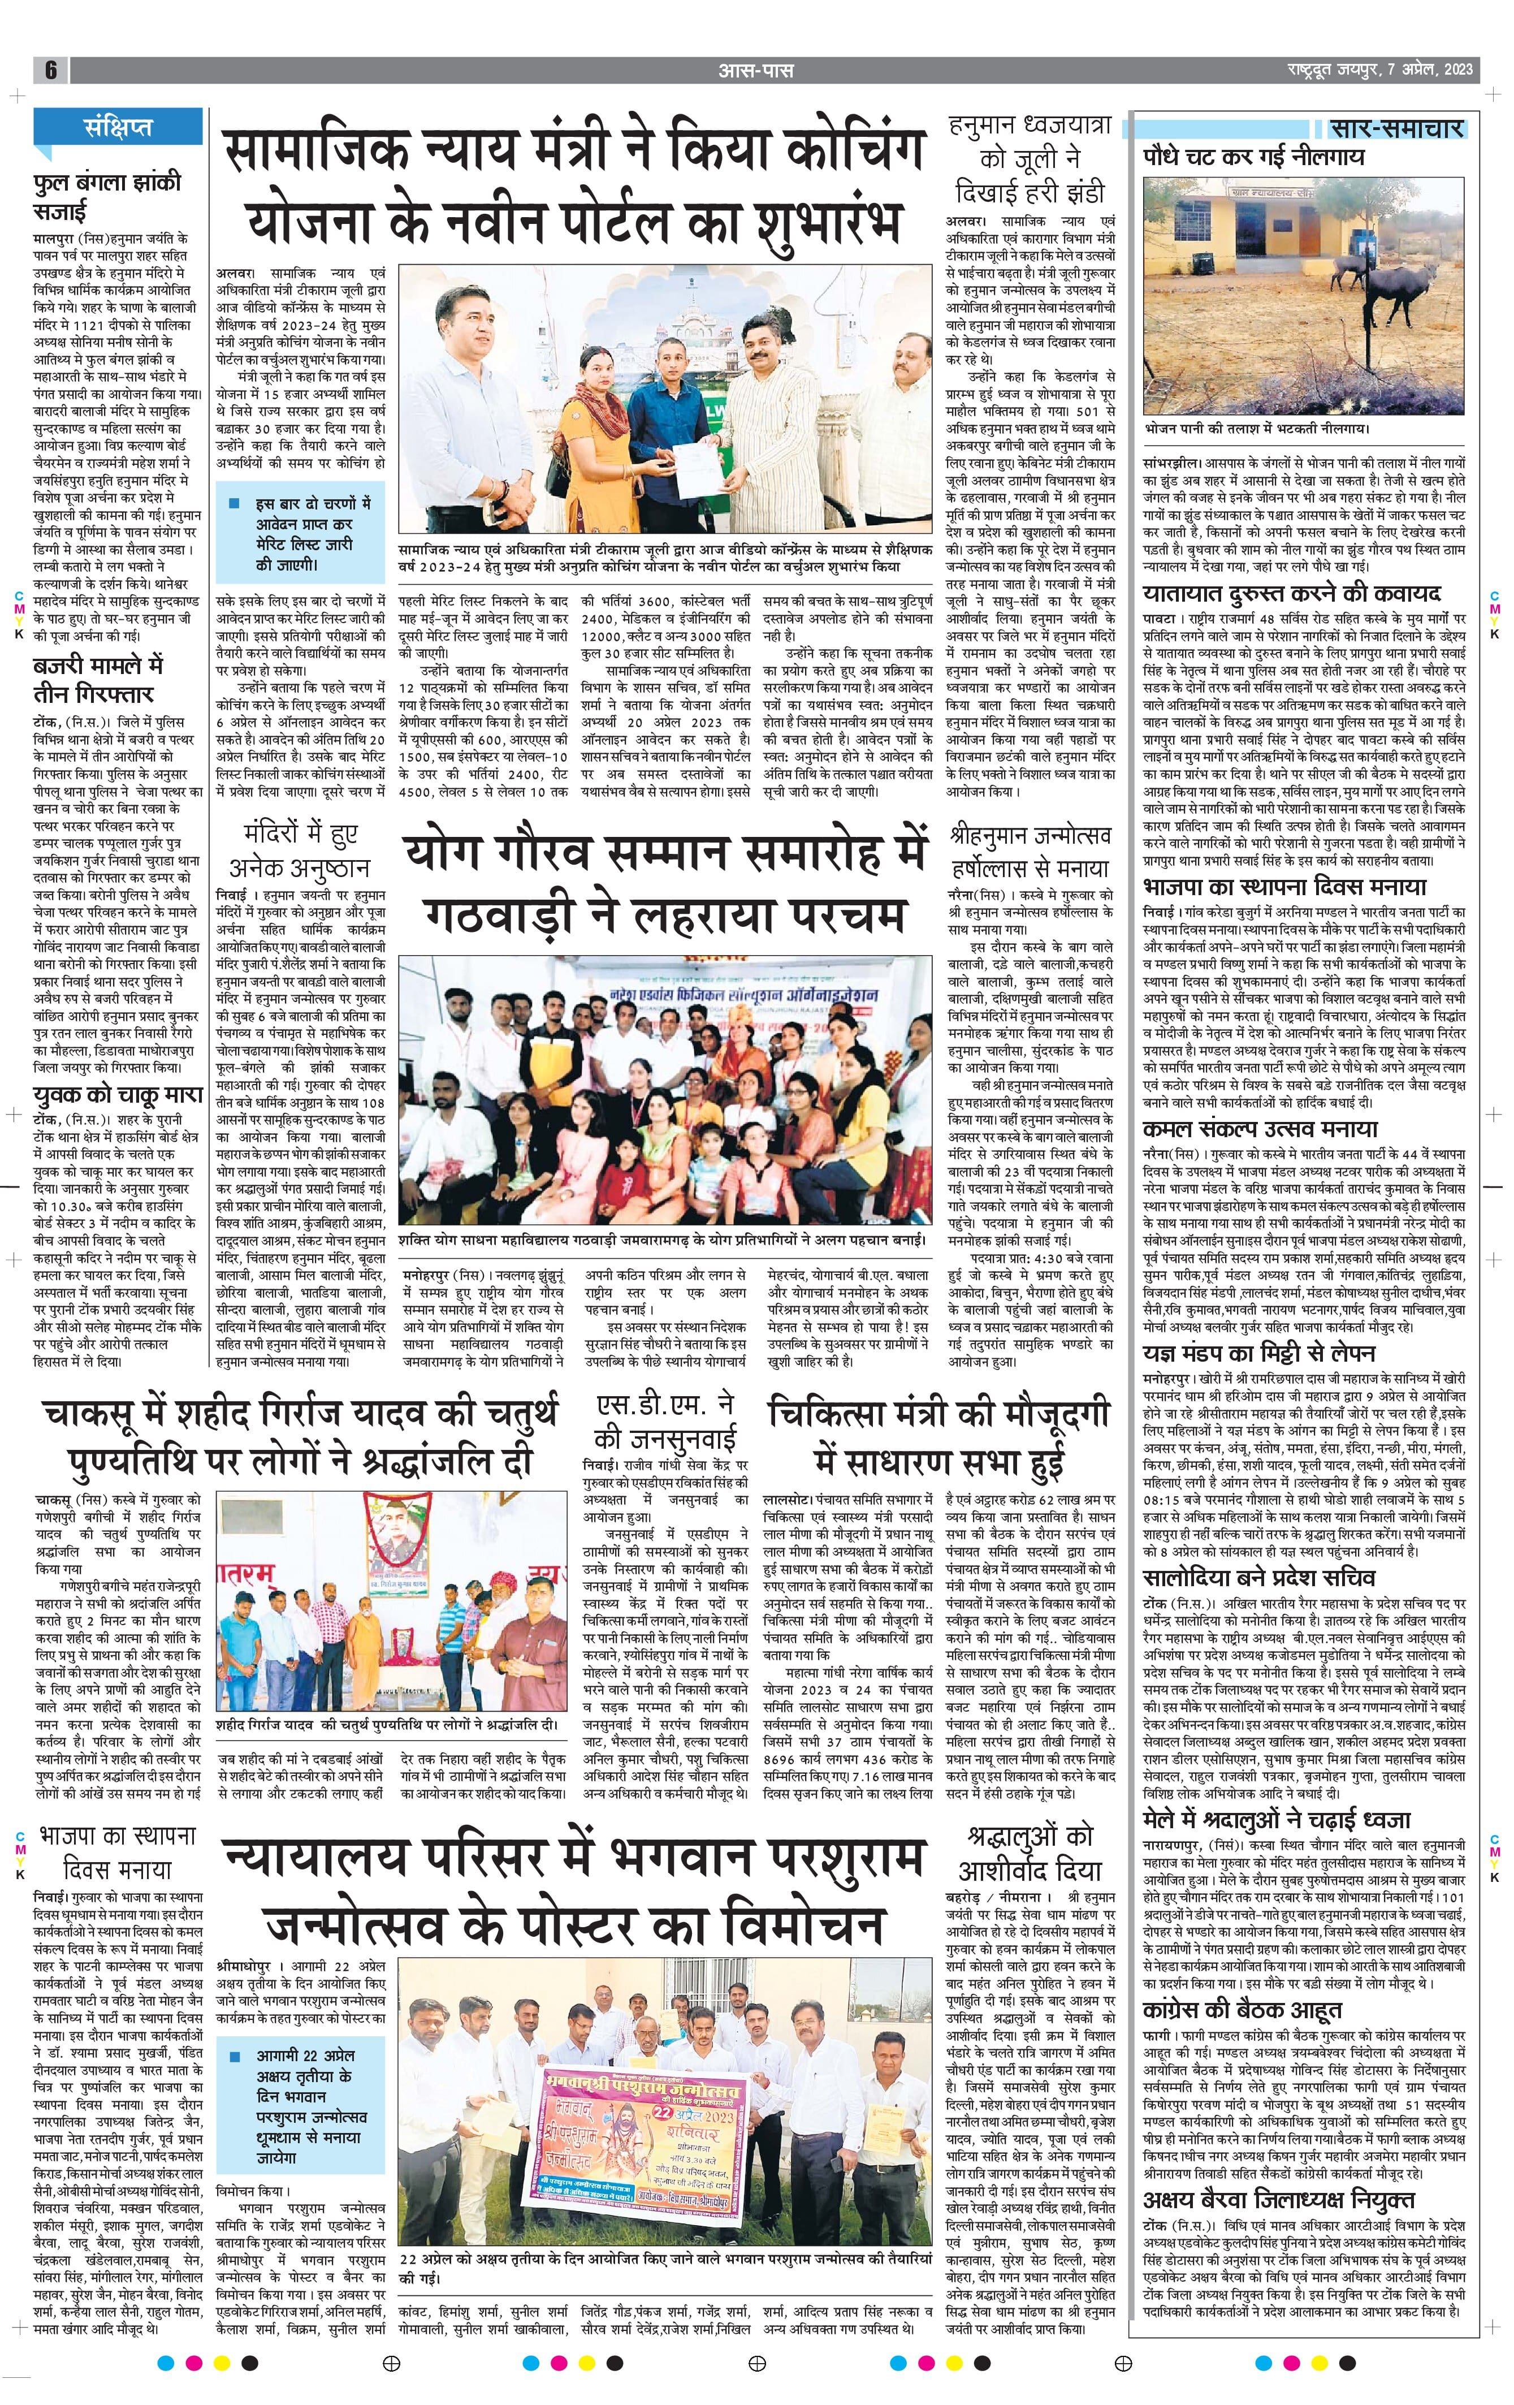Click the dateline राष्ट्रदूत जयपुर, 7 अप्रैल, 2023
tap(1379, 70)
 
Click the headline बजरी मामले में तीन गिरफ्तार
tap(97, 679)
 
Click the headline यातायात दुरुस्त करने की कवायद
tap(1291, 593)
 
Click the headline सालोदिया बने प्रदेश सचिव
tap(1260, 1577)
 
